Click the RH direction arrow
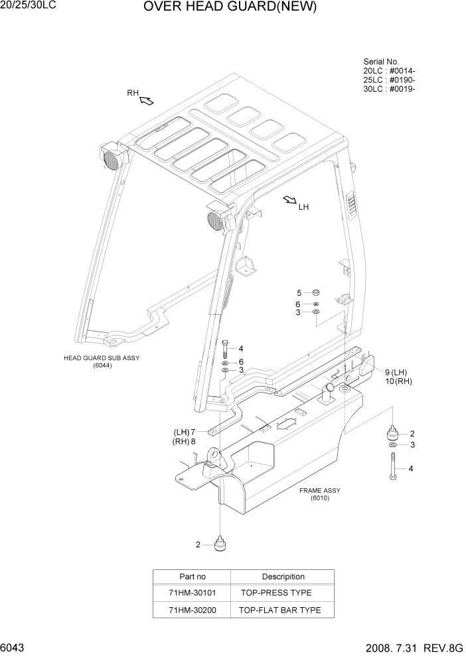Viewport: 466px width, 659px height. click(147, 100)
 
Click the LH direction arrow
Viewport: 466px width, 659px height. click(289, 200)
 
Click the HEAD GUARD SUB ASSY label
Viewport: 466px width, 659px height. click(102, 357)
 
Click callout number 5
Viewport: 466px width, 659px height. click(299, 293)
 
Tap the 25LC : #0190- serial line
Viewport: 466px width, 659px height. click(389, 80)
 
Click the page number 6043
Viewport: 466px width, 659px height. click(13, 648)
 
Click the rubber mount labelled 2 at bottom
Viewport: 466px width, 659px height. click(219, 545)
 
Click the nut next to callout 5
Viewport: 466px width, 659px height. click(317, 292)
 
